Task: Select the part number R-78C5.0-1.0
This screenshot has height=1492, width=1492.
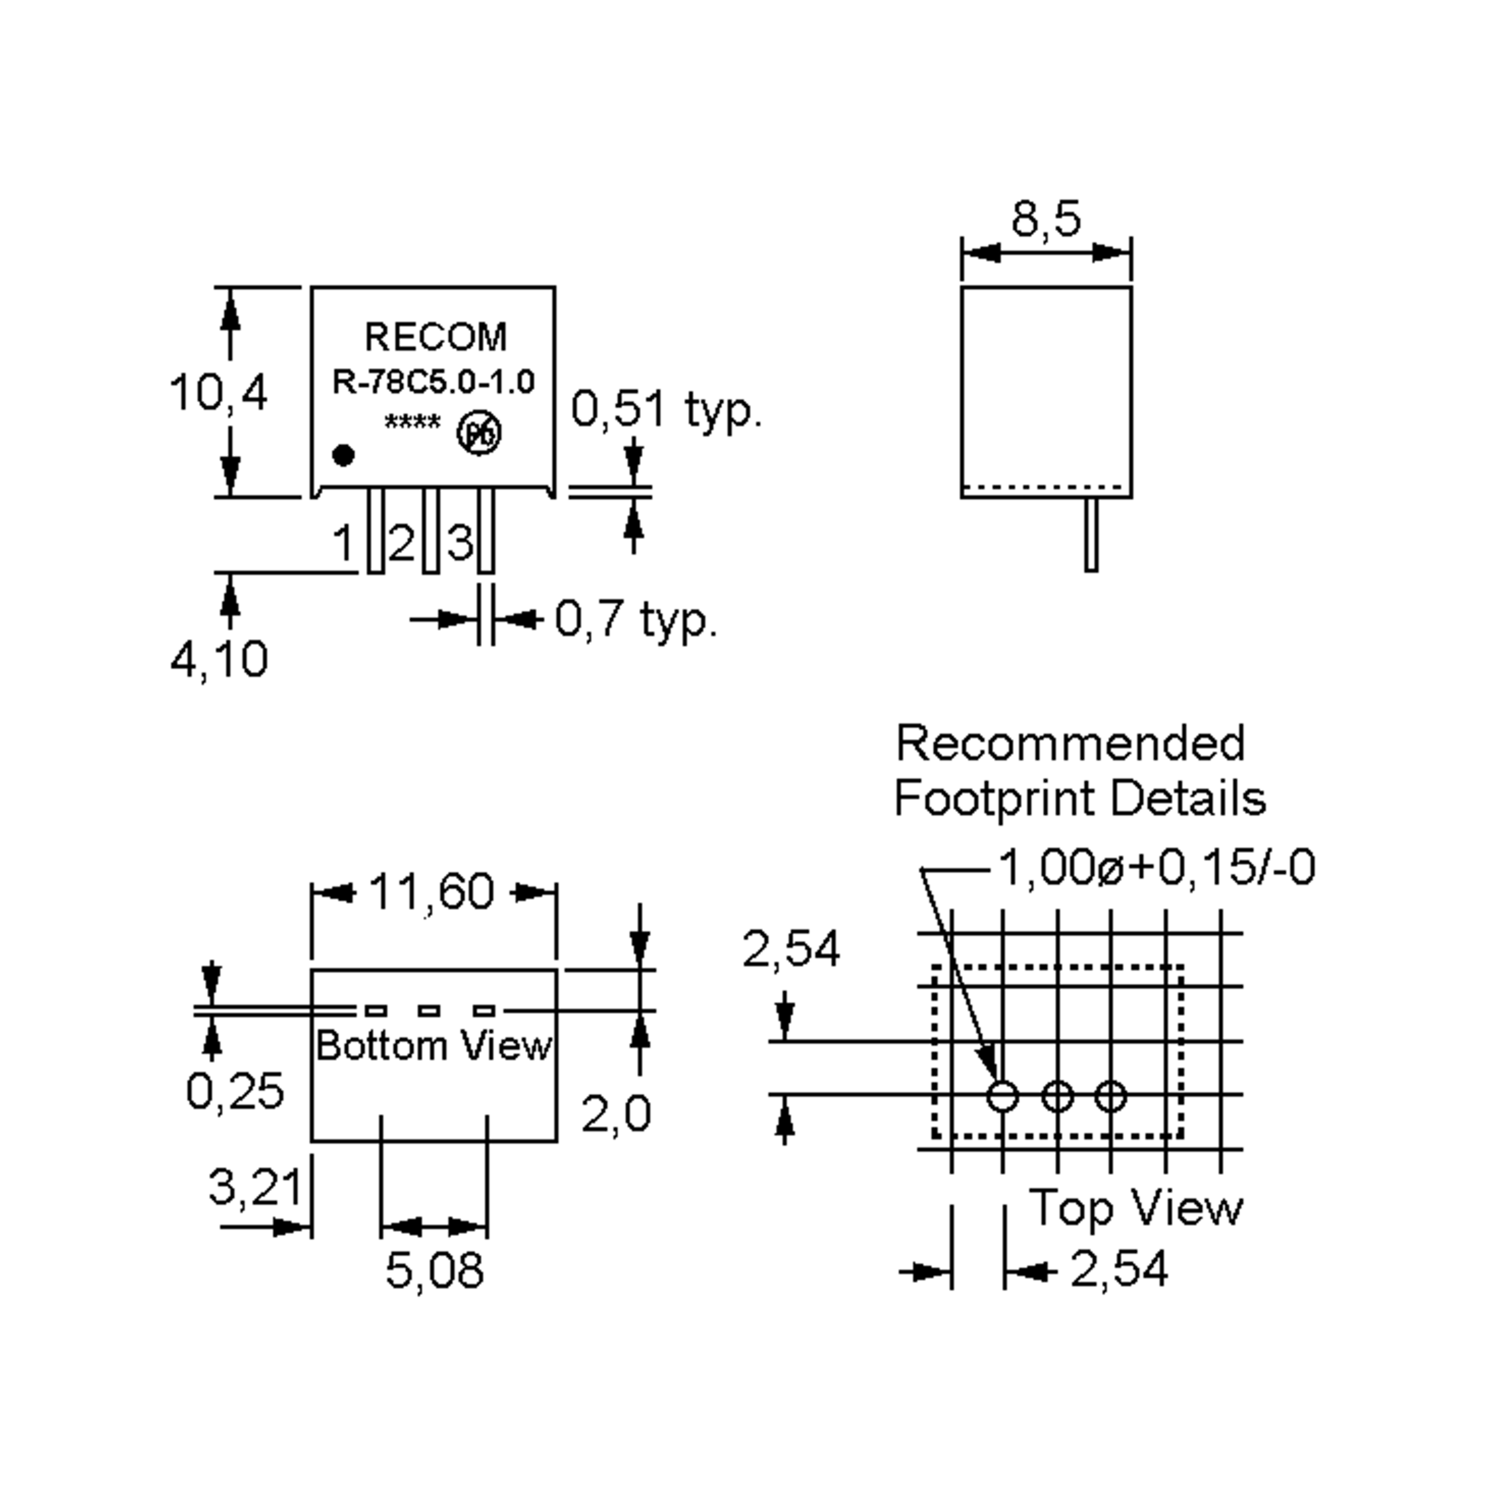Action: [x=433, y=382]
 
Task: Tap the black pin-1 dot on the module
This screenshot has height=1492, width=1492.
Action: [x=344, y=456]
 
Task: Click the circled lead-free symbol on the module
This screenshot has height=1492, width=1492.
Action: [x=479, y=434]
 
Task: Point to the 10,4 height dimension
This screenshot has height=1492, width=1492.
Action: [x=219, y=392]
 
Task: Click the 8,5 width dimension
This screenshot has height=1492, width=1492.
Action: [x=1046, y=220]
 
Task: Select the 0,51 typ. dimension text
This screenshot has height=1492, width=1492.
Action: [x=666, y=408]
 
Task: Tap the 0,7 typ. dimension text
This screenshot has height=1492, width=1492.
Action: [x=635, y=619]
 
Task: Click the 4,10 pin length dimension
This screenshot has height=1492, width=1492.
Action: [x=219, y=659]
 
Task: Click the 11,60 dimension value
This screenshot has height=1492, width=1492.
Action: [x=433, y=892]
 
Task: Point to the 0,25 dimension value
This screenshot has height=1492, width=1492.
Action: [x=236, y=1091]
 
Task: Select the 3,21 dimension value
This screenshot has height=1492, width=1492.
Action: [x=255, y=1186]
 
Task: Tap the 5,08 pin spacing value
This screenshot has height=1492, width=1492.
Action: [x=434, y=1270]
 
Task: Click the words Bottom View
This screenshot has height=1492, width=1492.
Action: [x=434, y=1046]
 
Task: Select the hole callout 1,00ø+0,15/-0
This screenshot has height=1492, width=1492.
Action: [x=1157, y=868]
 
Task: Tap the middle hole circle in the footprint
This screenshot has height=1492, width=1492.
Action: [x=1057, y=1096]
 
